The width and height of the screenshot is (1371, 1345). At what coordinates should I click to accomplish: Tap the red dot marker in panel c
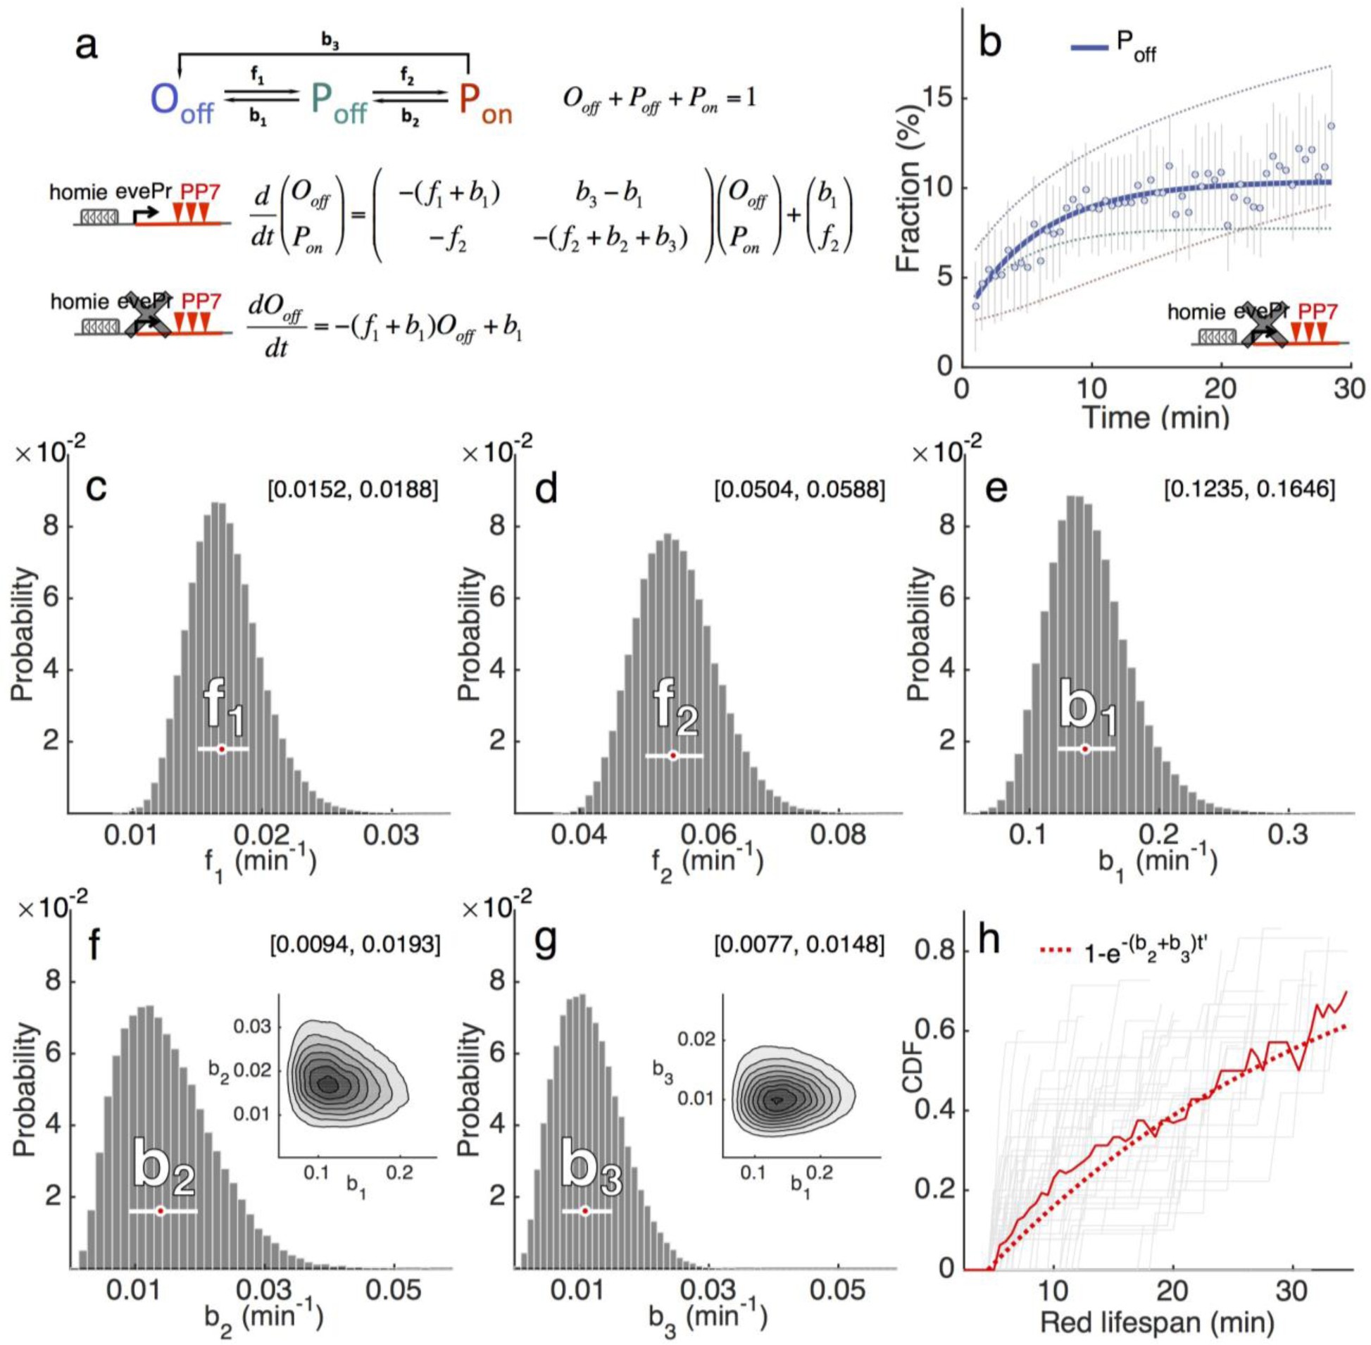tap(222, 749)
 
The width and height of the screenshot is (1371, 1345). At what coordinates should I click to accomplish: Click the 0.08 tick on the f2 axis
tap(838, 835)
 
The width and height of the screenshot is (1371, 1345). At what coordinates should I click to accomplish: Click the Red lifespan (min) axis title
tap(1157, 1321)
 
